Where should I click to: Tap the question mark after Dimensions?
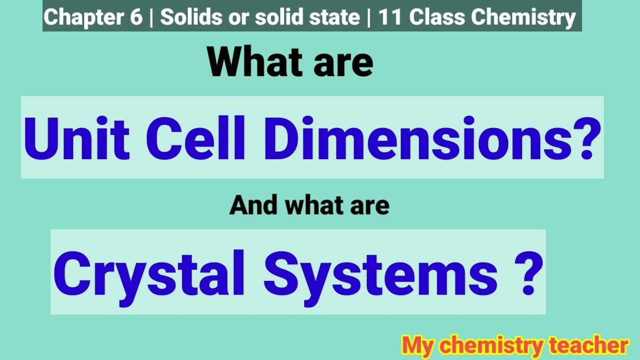[582, 137]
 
